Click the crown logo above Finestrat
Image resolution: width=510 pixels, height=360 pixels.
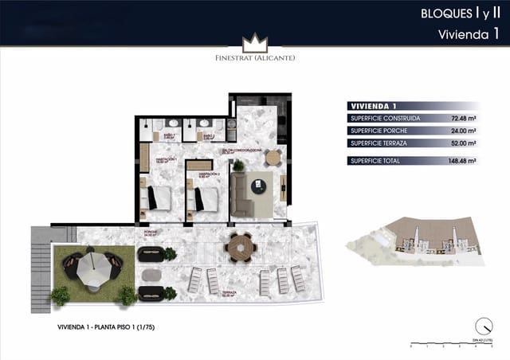click(x=255, y=41)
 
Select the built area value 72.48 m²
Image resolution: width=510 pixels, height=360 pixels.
click(x=462, y=119)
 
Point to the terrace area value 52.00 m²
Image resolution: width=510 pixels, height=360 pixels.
click(x=462, y=143)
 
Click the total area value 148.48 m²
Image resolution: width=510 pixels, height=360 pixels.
click(x=461, y=161)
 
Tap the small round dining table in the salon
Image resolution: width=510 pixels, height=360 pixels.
click(x=273, y=157)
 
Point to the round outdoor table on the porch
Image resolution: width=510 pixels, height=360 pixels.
click(x=238, y=247)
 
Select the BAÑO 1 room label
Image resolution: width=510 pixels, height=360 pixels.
click(x=168, y=136)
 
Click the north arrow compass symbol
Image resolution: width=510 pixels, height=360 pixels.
click(x=481, y=326)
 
